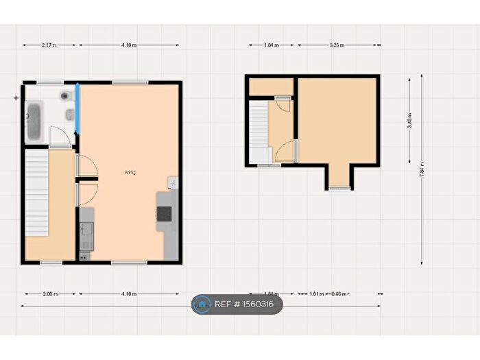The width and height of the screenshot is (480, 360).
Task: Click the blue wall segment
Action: coord(77,108)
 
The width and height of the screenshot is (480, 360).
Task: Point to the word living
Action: coord(130,173)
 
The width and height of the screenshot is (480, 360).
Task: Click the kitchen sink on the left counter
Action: coord(86,237)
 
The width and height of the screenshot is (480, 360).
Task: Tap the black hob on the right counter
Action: coord(164,214)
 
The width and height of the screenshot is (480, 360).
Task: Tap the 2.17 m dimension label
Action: coord(49,45)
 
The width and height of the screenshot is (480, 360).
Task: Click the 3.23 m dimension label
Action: coord(337,45)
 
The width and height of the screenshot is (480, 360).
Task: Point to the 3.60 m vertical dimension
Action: coord(409,121)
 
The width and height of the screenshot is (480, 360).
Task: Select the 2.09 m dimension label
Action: coord(49,294)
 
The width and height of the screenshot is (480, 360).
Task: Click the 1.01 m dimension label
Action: coord(316,294)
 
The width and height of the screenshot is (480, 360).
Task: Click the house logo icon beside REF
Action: coord(202,304)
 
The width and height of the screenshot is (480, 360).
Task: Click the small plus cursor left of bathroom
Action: coord(16,98)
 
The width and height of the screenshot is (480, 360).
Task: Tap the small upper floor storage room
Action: coord(270,87)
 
